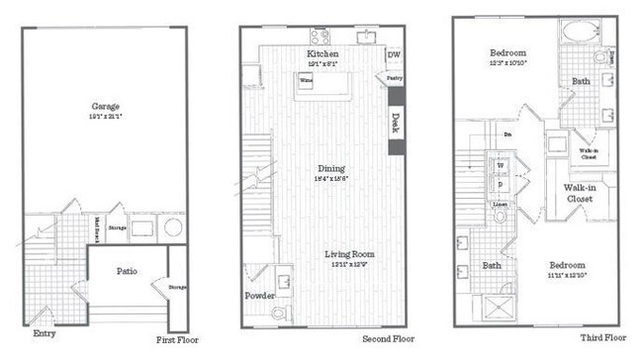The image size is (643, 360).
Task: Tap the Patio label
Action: [x=126, y=271]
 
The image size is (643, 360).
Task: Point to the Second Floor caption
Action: [x=389, y=338]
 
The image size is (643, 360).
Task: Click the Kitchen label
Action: [x=322, y=53]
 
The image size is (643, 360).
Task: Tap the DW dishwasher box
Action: [x=394, y=55]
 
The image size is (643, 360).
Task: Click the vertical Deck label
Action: [x=396, y=122]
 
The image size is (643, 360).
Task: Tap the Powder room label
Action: [x=261, y=296]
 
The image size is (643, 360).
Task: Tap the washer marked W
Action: [x=499, y=166]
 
